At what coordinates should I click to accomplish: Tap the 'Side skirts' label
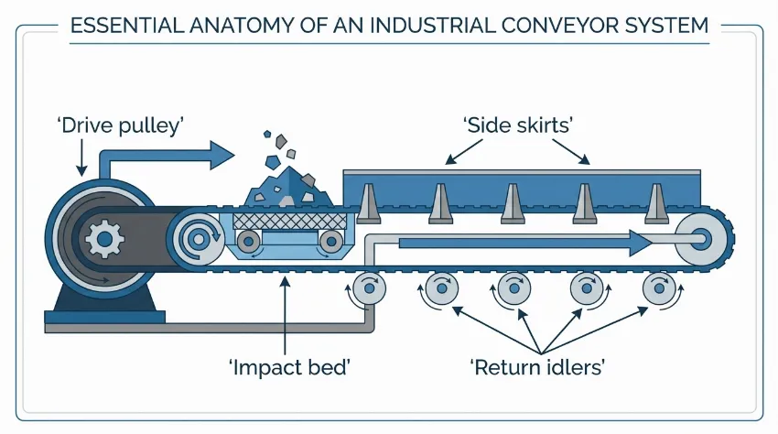pos(518,125)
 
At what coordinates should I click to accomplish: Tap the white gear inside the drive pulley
pos(103,240)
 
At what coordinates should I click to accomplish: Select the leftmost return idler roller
pos(370,290)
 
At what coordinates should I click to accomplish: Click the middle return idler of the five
pos(514,290)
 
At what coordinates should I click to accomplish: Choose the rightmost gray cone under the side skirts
pos(654,202)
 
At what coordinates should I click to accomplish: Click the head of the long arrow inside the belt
pos(641,242)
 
